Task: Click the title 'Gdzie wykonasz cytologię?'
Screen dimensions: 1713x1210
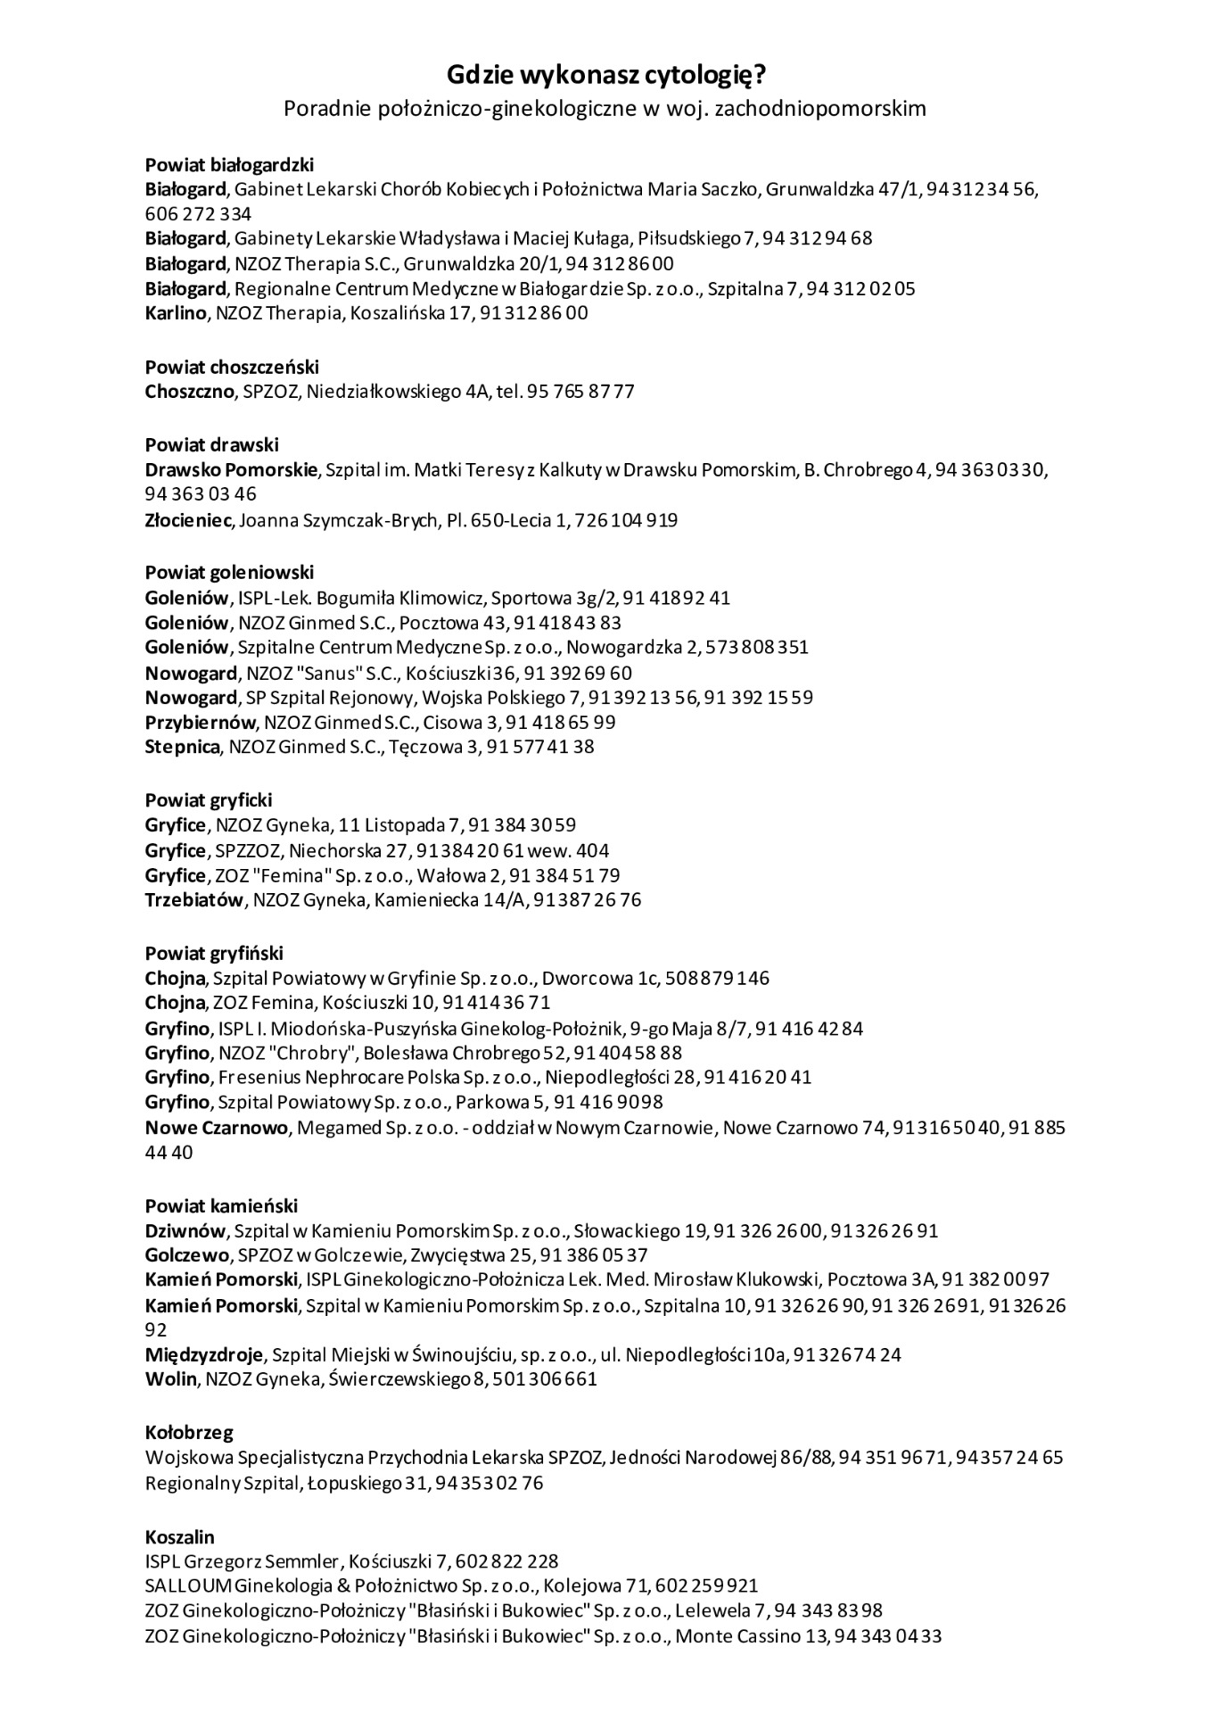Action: pos(605,75)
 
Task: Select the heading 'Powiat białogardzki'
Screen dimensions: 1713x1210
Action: pos(229,164)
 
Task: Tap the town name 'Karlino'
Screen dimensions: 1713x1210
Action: pos(176,313)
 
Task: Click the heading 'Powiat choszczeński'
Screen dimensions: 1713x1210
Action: pos(232,367)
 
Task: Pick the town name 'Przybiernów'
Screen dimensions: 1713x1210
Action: pos(200,722)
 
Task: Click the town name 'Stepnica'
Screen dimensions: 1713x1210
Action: pos(182,747)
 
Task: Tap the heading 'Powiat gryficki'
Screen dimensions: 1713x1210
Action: pos(209,799)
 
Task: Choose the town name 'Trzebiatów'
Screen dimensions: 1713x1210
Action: pos(193,899)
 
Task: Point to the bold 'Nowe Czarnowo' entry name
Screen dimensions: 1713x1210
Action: pos(217,1128)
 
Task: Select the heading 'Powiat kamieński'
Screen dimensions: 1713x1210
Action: pos(221,1206)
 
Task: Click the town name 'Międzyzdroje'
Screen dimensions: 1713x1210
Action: pos(204,1354)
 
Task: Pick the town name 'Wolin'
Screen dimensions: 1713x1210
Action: pos(170,1379)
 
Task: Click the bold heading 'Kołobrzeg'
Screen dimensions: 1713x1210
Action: pos(189,1433)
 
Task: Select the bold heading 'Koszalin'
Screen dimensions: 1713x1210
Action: pos(179,1537)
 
